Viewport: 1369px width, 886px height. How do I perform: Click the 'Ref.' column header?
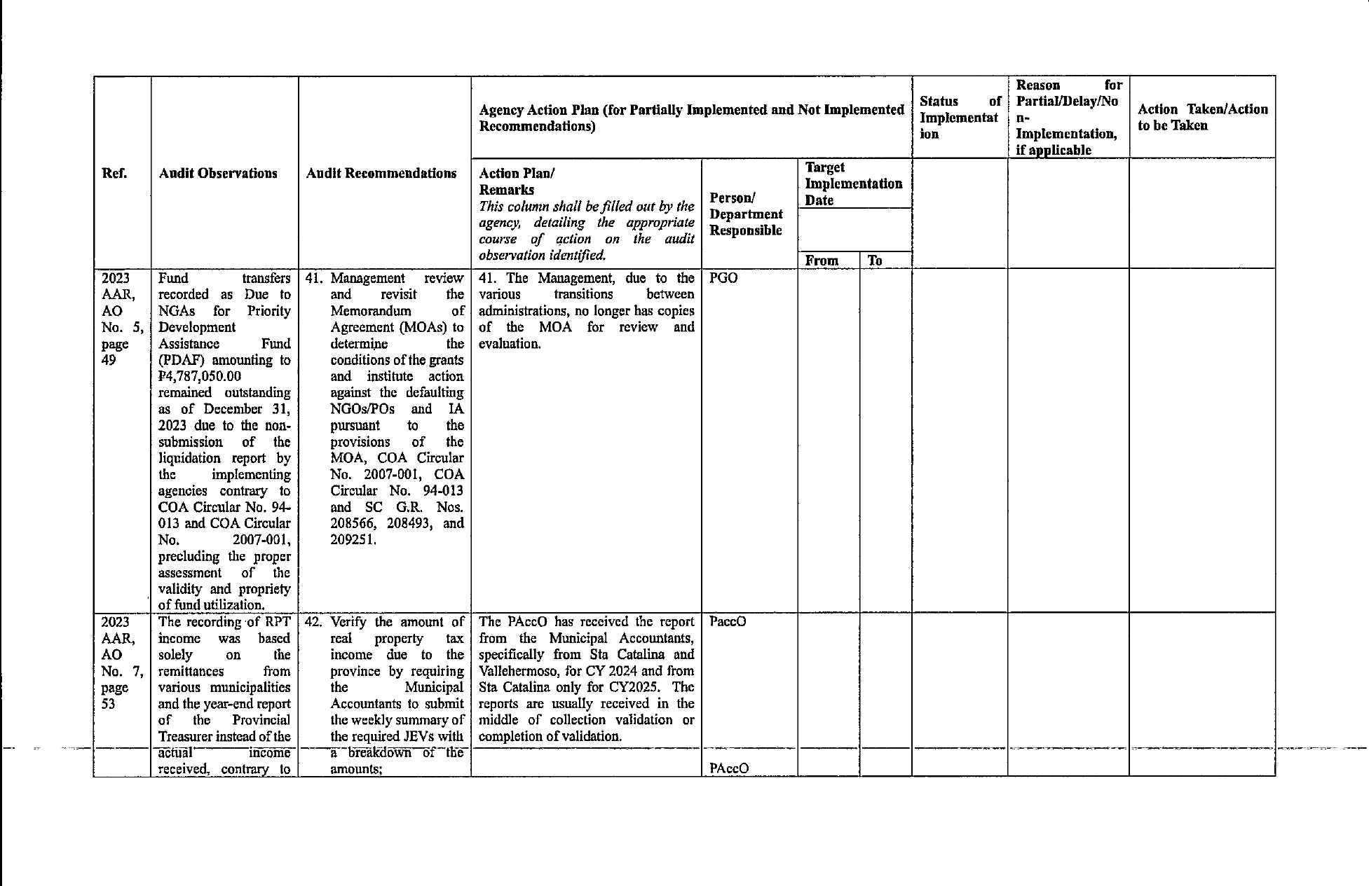114,174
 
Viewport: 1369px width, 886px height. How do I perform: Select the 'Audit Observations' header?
218,174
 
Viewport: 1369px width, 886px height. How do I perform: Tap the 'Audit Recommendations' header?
381,174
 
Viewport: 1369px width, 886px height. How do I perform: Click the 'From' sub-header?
822,261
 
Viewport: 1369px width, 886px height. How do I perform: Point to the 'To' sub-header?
875,261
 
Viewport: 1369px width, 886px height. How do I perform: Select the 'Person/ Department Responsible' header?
746,214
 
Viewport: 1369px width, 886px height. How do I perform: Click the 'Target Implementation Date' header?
853,184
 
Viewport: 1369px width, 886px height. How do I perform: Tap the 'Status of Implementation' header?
959,118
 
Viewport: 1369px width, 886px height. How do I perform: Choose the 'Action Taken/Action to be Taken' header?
1202,118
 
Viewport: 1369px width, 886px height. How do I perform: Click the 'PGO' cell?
723,278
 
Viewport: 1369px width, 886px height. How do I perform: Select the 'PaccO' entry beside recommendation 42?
728,622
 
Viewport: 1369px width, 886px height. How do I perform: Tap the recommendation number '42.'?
314,622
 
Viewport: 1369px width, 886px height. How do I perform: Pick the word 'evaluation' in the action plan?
509,344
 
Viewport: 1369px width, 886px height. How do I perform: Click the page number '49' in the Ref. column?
109,360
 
